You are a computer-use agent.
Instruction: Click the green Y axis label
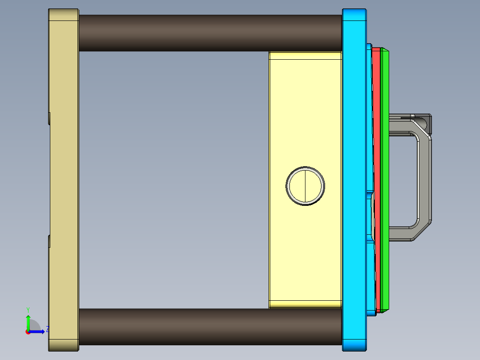coord(28,309)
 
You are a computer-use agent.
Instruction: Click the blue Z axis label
coord(48,329)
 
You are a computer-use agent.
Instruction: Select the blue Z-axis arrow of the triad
coord(38,331)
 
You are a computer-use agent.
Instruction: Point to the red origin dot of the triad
coord(28,331)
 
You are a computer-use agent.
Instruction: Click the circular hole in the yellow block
coord(305,186)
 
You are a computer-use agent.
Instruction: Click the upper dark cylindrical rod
coord(209,33)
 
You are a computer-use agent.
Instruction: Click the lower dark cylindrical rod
coord(209,327)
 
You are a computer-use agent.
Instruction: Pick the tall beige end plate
coord(64,178)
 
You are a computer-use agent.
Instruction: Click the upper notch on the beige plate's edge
coord(49,119)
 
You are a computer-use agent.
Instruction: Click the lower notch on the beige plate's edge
coord(49,241)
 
